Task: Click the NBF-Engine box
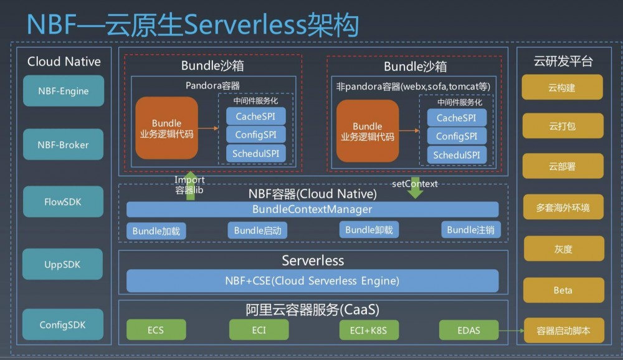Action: click(64, 91)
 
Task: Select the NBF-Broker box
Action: click(64, 145)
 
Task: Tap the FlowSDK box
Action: click(64, 202)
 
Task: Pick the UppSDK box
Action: click(64, 265)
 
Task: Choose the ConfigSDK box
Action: click(64, 324)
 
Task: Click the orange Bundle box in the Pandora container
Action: click(166, 128)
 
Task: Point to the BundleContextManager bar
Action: click(312, 209)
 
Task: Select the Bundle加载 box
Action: click(156, 230)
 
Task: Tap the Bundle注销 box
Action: click(470, 230)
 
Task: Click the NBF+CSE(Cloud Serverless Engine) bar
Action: click(312, 281)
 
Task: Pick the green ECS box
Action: click(156, 330)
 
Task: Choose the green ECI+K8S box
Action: click(368, 330)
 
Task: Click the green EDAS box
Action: click(468, 330)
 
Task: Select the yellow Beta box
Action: click(563, 290)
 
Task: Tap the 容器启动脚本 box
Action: click(563, 331)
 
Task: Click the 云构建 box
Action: click(563, 88)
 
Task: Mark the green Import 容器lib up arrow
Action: click(191, 185)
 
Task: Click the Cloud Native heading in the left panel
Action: click(64, 61)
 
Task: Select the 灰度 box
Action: click(563, 249)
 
